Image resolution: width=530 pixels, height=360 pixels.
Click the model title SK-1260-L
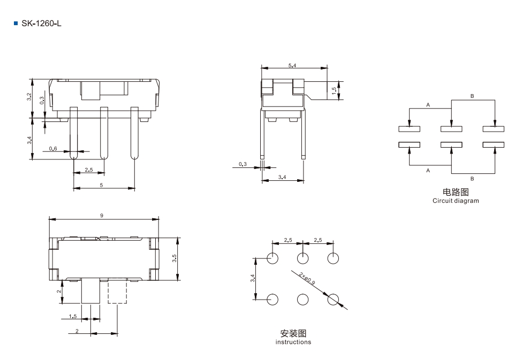coord(41,24)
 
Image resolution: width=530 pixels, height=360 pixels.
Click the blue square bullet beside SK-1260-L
coord(16,24)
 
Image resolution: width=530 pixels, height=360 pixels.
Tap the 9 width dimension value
coord(102,216)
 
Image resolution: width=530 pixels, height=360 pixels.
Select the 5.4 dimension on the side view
coord(292,65)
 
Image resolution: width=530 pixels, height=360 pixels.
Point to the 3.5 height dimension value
coord(174,258)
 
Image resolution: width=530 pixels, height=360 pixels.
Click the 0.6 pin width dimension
coord(53,149)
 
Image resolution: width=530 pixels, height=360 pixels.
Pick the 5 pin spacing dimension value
coord(101,185)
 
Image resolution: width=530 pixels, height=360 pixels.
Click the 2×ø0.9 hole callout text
coord(307,278)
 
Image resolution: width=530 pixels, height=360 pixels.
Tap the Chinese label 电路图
coord(456,192)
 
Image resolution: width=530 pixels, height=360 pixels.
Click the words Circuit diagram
coord(456,201)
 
